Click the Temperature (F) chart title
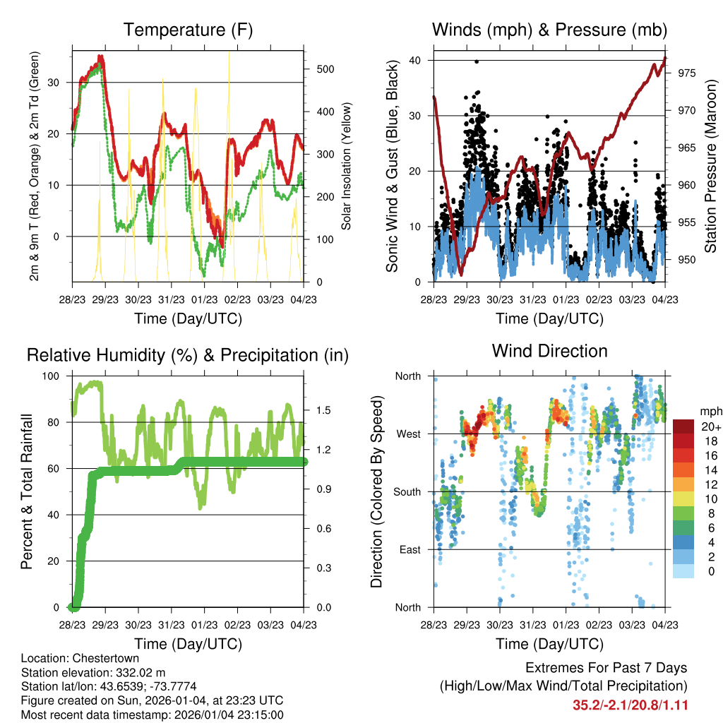tap(188, 30)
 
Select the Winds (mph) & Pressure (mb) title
tap(550, 30)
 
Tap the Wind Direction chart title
tap(549, 351)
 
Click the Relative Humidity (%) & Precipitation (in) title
tap(188, 355)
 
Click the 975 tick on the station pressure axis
tap(679, 73)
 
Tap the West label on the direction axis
tap(408, 434)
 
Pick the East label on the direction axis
tap(409, 549)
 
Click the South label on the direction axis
tap(407, 491)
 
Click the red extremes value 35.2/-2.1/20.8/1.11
tap(630, 705)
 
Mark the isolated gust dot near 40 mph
tap(477, 61)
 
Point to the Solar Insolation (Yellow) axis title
tap(347, 167)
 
